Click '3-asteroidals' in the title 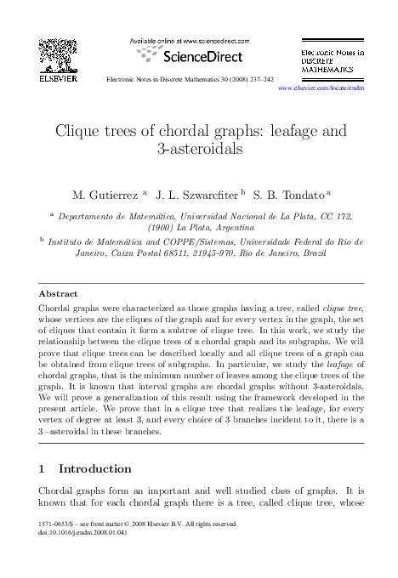click(198, 150)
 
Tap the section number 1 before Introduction click(43, 468)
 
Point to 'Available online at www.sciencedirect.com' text click(189, 40)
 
